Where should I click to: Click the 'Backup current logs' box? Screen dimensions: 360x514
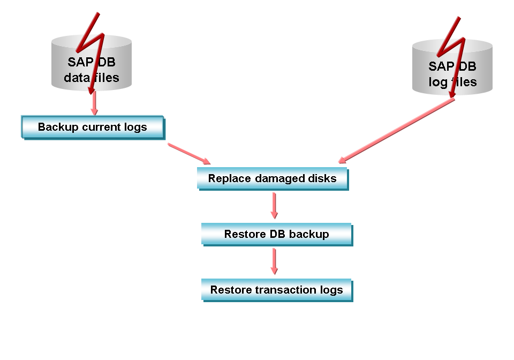(92, 127)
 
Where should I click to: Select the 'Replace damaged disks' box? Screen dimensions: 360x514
(272, 178)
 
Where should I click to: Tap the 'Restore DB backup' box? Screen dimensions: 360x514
(276, 234)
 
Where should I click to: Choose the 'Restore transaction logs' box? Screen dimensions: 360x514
(276, 290)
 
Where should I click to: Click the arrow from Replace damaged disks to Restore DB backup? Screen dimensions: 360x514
(274, 205)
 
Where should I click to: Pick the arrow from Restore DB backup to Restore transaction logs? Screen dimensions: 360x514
(274, 261)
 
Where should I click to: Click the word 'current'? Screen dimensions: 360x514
(101, 127)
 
